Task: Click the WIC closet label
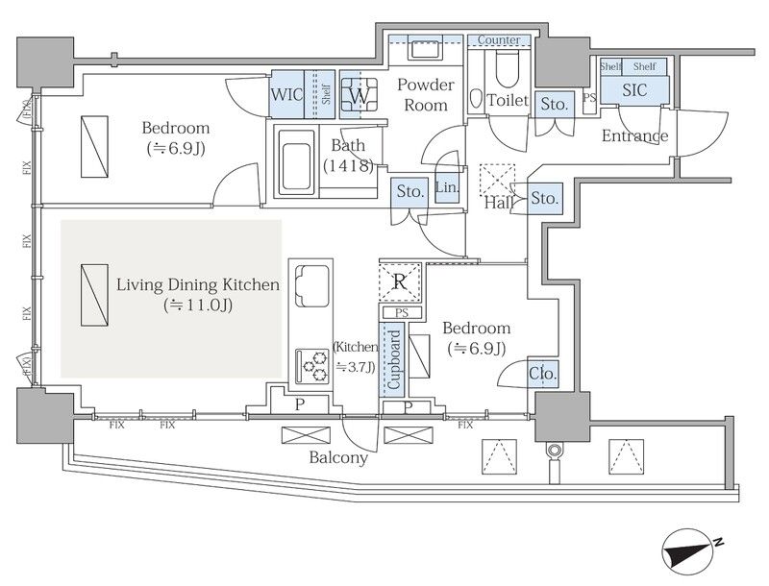pyautogui.click(x=286, y=94)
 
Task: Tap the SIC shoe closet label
pyautogui.click(x=634, y=89)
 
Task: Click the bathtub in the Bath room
pyautogui.click(x=296, y=161)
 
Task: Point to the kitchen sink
pyautogui.click(x=311, y=285)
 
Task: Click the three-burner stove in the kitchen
pyautogui.click(x=311, y=366)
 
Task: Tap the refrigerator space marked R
pyautogui.click(x=400, y=281)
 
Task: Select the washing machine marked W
pyautogui.click(x=359, y=95)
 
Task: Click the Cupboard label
pyautogui.click(x=394, y=359)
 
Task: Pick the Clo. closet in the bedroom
pyautogui.click(x=543, y=374)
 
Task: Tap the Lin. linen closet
pyautogui.click(x=447, y=186)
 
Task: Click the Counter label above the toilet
pyautogui.click(x=499, y=39)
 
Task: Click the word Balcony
pyautogui.click(x=338, y=457)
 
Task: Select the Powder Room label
pyautogui.click(x=425, y=94)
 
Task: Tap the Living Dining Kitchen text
pyautogui.click(x=198, y=284)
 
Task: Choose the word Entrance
pyautogui.click(x=634, y=135)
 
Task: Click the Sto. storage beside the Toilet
pyautogui.click(x=555, y=104)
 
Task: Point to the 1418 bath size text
pyautogui.click(x=348, y=165)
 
